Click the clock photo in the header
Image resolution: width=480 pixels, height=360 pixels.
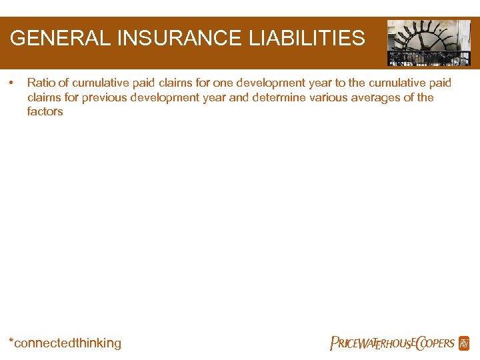pos(429,43)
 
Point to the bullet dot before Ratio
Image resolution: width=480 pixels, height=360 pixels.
pos(12,83)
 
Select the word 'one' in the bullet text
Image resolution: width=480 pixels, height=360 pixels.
pos(223,83)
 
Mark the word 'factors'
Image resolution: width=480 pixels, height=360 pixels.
pos(45,112)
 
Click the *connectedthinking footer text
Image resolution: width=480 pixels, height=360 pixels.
pos(65,343)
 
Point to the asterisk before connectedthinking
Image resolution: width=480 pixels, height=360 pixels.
pos(11,341)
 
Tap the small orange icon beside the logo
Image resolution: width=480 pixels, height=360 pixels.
pos(464,343)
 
